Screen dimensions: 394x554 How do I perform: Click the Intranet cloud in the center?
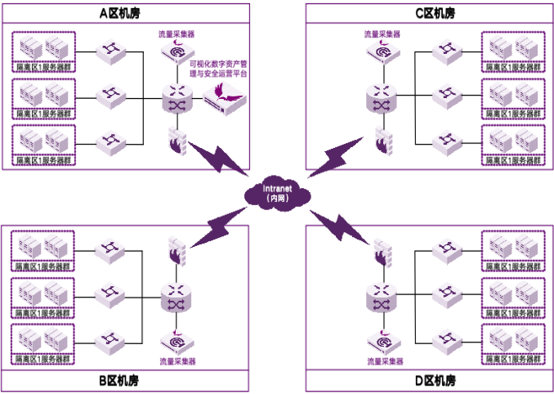pyautogui.click(x=277, y=194)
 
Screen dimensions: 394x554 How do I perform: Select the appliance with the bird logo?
pyautogui.click(x=224, y=98)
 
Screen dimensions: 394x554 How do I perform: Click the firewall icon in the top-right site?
pyautogui.click(x=382, y=141)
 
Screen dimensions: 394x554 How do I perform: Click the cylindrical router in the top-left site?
pyautogui.click(x=176, y=97)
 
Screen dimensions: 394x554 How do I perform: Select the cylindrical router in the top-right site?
pyautogui.click(x=382, y=97)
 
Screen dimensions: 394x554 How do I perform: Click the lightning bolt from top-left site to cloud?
pyautogui.click(x=218, y=158)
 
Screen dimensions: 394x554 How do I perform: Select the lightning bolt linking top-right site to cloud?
pyautogui.click(x=335, y=158)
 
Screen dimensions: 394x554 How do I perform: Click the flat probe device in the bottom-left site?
pyautogui.click(x=176, y=340)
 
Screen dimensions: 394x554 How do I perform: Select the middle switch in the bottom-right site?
pyautogui.click(x=448, y=294)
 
